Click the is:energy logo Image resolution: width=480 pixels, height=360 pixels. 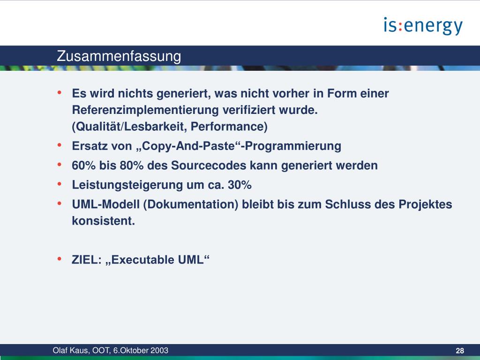[x=423, y=26]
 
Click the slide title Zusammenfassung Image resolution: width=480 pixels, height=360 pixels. [x=119, y=56]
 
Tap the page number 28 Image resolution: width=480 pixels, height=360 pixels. [x=460, y=351]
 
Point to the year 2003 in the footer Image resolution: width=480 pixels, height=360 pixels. [x=160, y=351]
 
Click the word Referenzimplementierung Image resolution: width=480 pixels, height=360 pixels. [x=145, y=110]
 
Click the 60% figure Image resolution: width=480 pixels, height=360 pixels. [x=83, y=165]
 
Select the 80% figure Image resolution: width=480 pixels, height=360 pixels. [x=132, y=165]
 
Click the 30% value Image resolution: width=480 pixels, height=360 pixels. [x=240, y=185]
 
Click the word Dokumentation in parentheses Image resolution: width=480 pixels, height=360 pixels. [x=191, y=204]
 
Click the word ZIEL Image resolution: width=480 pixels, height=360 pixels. [x=85, y=260]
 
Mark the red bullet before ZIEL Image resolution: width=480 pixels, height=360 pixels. [x=60, y=259]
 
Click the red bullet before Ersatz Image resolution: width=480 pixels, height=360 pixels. [x=60, y=145]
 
